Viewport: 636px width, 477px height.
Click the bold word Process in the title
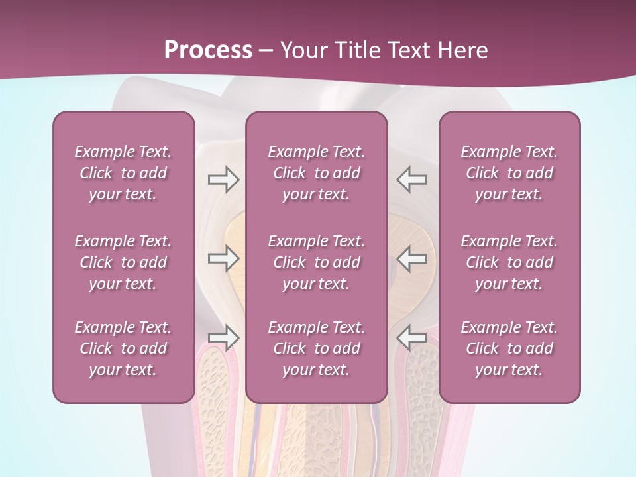(x=208, y=50)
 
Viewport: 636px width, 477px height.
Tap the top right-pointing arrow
(x=223, y=180)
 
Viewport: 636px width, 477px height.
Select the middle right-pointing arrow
(x=223, y=258)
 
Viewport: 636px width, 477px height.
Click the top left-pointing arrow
(x=412, y=180)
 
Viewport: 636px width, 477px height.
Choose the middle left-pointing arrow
(x=412, y=258)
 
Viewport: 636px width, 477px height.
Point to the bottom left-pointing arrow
(x=412, y=337)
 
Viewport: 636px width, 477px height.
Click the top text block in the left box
(x=123, y=173)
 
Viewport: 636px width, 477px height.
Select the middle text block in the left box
(x=123, y=262)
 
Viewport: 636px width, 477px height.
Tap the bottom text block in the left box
(x=123, y=348)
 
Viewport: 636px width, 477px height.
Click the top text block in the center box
(x=317, y=173)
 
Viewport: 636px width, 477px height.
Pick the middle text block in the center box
(x=317, y=262)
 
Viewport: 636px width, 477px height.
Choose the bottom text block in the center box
(x=317, y=348)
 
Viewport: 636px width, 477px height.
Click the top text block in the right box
(x=509, y=173)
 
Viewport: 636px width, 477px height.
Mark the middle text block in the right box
(x=509, y=262)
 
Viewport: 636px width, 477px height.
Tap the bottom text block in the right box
(x=509, y=348)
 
